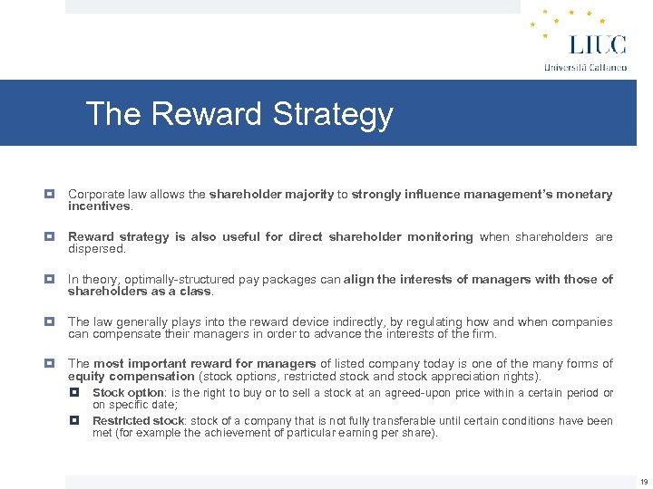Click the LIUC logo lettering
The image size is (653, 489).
tap(597, 44)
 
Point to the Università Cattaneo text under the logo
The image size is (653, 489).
tap(585, 67)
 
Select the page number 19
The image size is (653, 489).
tap(643, 482)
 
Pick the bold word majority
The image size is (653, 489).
tap(307, 195)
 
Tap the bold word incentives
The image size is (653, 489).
tap(100, 206)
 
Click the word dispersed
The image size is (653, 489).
tap(96, 248)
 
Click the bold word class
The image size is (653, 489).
tap(197, 291)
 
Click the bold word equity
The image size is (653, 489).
tap(86, 376)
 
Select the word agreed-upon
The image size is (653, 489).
tap(417, 393)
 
